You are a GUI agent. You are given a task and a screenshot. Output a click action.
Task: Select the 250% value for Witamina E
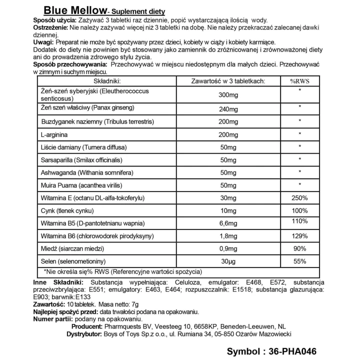coord(299,198)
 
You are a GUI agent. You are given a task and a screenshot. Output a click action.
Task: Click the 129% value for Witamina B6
coord(299,235)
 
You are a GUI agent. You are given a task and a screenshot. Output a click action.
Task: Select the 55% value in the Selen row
coord(299,260)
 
